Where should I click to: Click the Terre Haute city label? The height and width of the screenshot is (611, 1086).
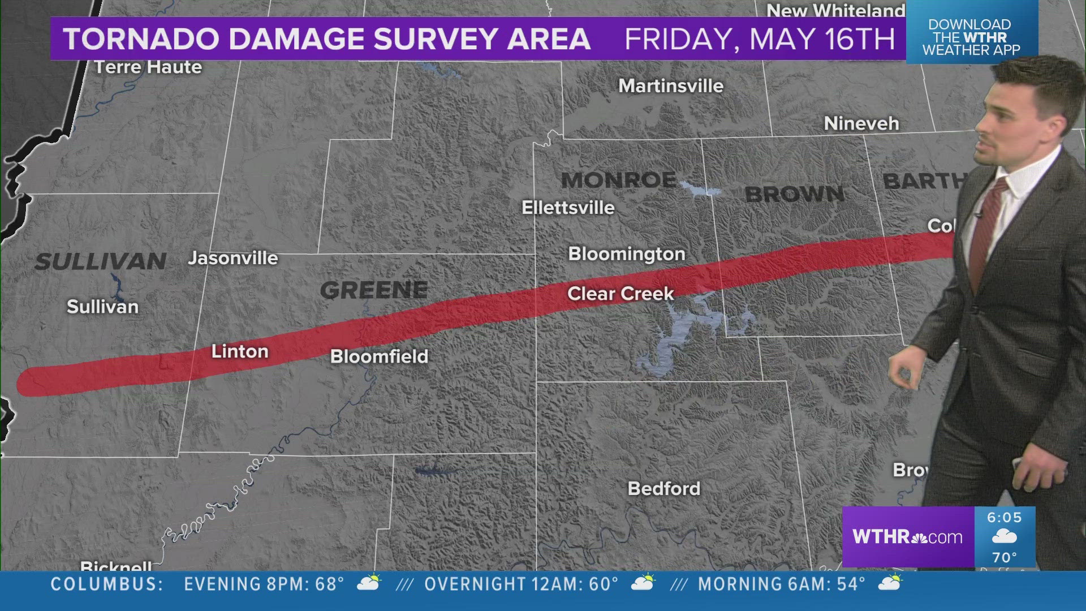click(x=148, y=67)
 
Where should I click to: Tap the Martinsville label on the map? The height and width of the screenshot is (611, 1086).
click(x=671, y=86)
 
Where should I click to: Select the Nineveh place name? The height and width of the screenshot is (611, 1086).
click(x=861, y=123)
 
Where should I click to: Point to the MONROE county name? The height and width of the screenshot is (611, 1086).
click(x=618, y=180)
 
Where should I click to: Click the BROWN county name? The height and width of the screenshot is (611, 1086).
click(x=794, y=194)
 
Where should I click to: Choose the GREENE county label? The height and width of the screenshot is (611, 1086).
click(x=374, y=290)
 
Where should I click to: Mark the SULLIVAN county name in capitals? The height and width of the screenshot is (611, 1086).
click(x=101, y=261)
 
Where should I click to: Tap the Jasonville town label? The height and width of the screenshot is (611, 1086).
click(x=233, y=259)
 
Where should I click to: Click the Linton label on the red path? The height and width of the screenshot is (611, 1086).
click(x=240, y=351)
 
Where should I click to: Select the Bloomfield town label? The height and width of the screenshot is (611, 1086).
click(x=379, y=356)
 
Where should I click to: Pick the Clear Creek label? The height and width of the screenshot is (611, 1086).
click(x=620, y=294)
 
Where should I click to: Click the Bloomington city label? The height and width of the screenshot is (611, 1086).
click(x=626, y=254)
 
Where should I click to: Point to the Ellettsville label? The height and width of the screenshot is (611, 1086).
click(x=568, y=208)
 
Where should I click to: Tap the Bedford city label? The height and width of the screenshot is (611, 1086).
click(x=664, y=489)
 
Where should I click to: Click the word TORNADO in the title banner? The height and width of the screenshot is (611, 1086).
click(x=141, y=39)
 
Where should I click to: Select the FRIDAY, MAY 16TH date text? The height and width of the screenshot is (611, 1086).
click(x=759, y=39)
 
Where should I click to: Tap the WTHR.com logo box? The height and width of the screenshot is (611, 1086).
click(x=907, y=536)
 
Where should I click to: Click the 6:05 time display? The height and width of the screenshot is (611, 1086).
click(x=1004, y=518)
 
